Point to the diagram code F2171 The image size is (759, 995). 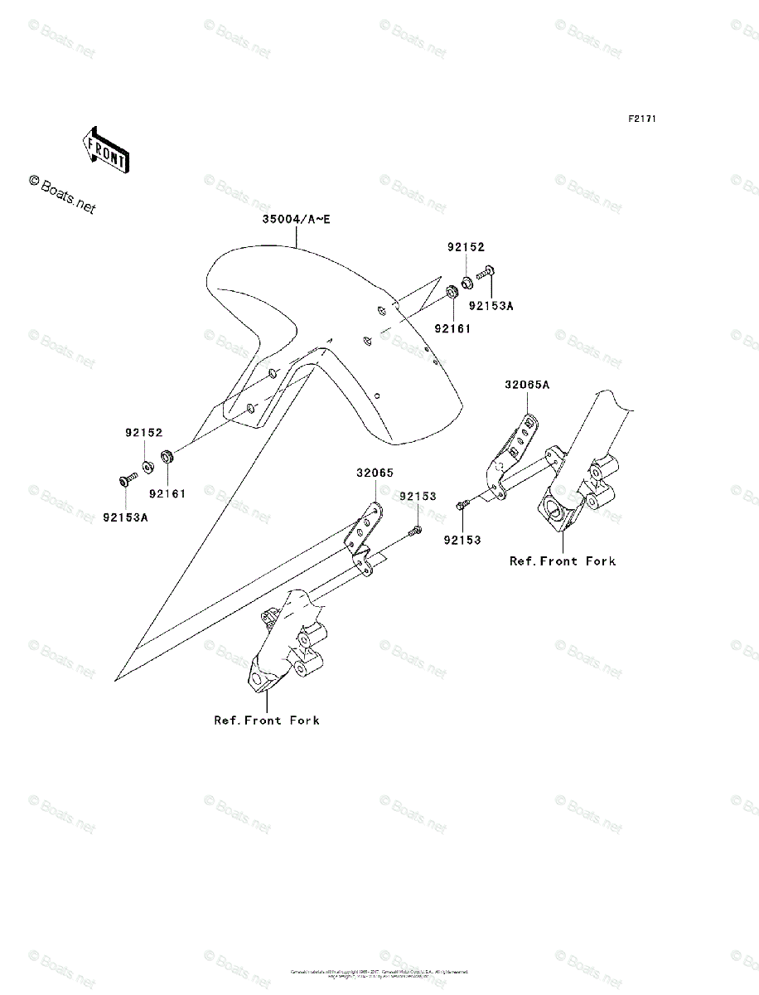point(641,119)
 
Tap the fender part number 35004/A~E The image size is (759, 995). point(296,220)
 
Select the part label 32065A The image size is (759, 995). point(528,384)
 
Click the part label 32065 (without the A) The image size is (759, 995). point(375,473)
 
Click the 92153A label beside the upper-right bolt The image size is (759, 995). point(491,305)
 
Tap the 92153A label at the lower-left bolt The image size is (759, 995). point(126,517)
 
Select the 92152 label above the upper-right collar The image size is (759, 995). point(466,247)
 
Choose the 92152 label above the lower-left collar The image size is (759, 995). point(144,433)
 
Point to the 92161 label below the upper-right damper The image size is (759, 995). point(452,328)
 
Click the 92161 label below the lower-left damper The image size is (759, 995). point(167,493)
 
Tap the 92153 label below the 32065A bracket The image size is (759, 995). point(462,540)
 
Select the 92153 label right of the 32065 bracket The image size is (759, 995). point(418,496)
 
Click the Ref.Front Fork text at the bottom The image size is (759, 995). point(267,720)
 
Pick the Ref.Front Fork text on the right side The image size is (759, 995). point(563,561)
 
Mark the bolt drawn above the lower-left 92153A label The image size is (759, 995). point(127,480)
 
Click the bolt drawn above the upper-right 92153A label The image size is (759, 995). point(486,273)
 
